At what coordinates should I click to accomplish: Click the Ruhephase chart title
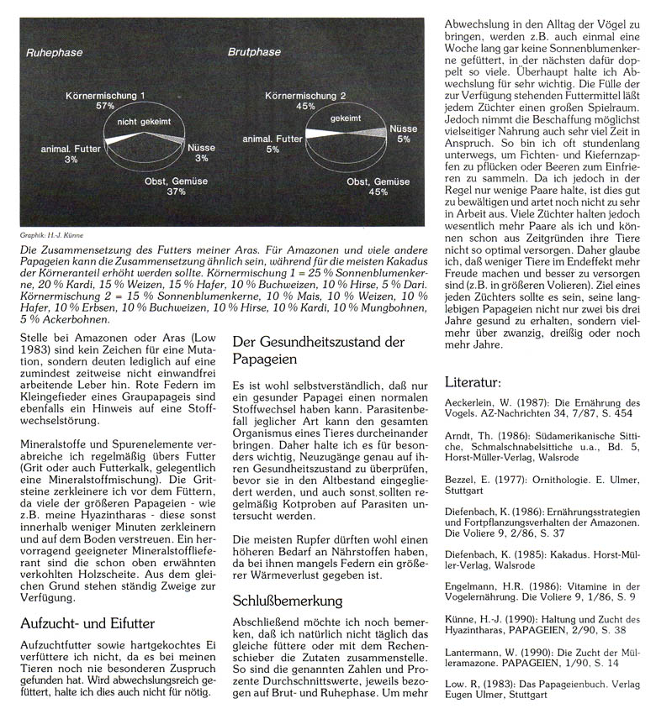[x=53, y=52]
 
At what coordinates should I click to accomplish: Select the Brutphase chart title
[x=254, y=52]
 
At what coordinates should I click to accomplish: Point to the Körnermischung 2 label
[x=304, y=96]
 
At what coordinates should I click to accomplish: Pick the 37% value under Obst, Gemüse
[x=175, y=192]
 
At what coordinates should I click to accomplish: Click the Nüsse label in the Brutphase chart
[x=403, y=129]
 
